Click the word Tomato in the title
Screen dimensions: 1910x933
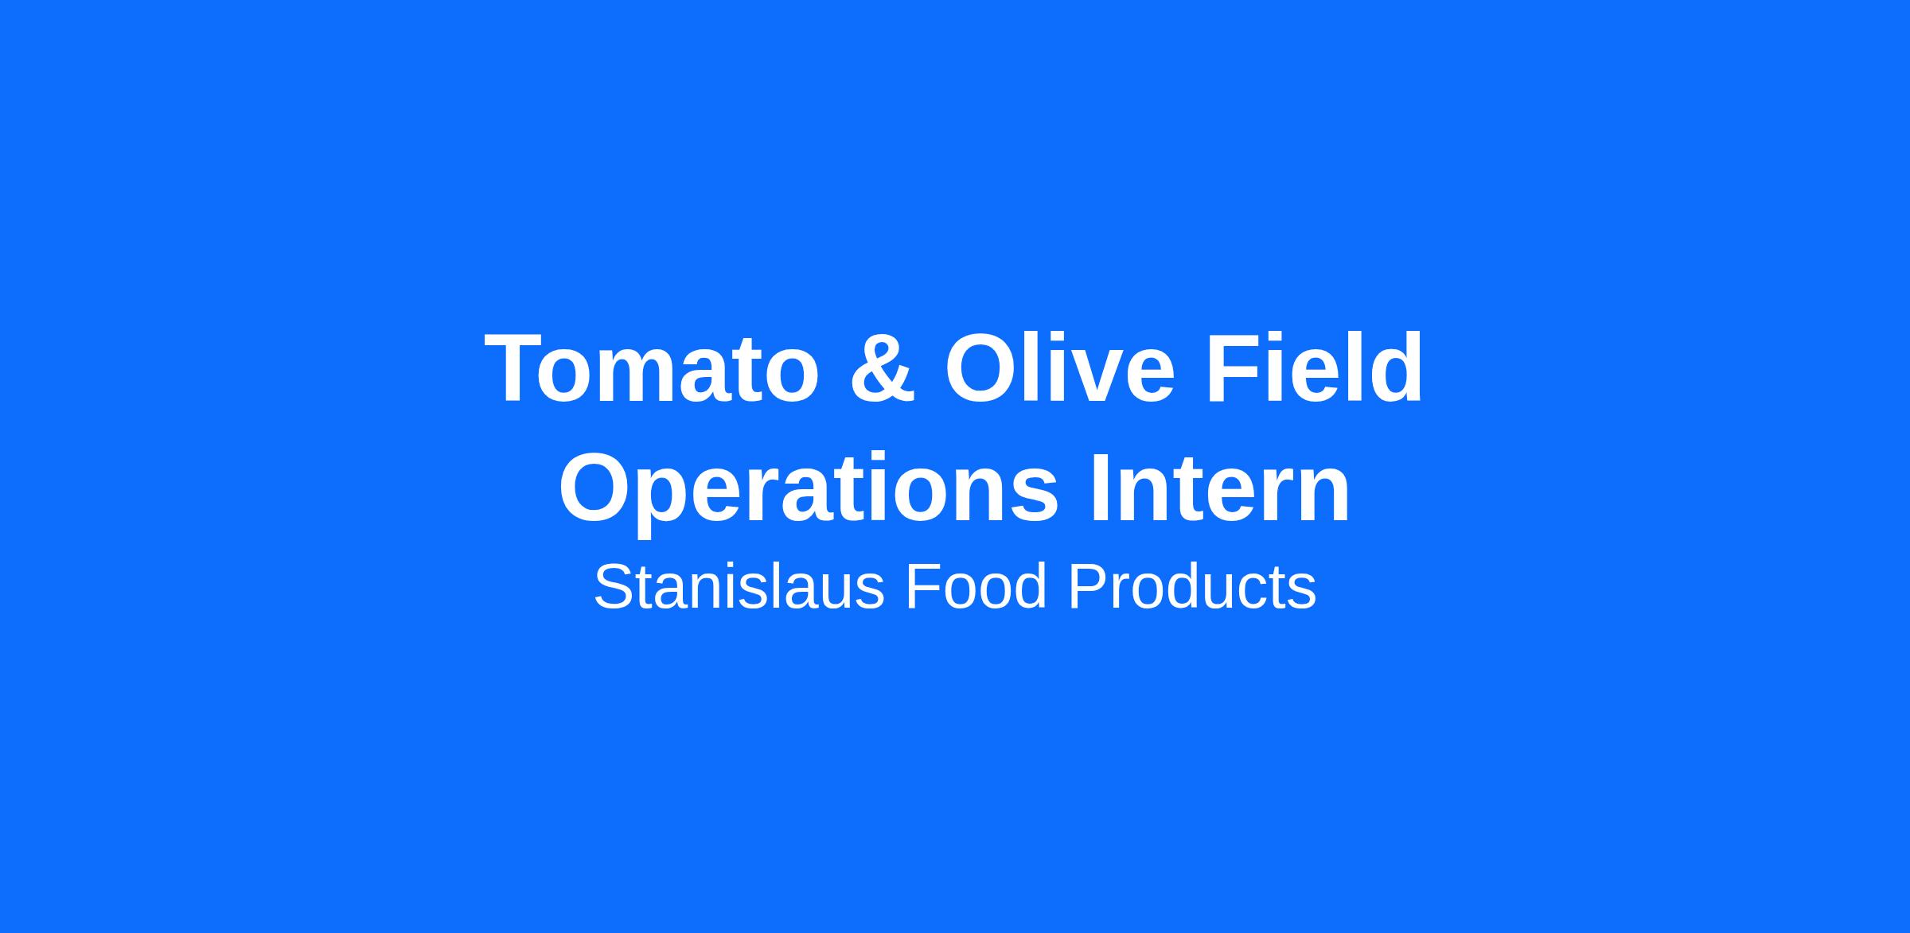coord(652,368)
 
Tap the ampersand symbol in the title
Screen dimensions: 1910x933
coord(883,368)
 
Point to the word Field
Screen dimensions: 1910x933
coord(1314,367)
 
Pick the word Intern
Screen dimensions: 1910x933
coord(1220,488)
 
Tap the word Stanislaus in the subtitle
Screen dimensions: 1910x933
coord(739,587)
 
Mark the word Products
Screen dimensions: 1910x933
coord(1192,587)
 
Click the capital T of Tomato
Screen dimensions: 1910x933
coord(515,368)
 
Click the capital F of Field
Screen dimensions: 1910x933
coord(1234,368)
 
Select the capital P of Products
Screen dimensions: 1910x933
coord(1088,587)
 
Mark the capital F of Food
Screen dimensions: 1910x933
coord(924,587)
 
